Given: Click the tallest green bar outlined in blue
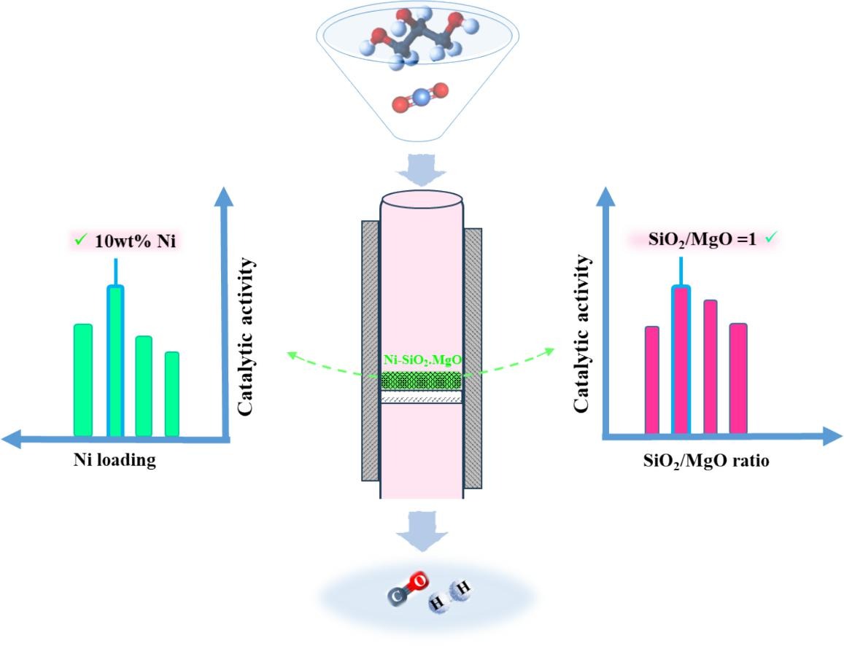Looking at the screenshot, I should tap(115, 361).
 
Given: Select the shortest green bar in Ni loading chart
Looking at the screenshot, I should tap(172, 394).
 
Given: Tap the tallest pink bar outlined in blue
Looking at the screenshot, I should tap(681, 360).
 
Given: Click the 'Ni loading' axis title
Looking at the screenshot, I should tap(115, 461).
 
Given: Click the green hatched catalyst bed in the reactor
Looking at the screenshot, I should tap(422, 381).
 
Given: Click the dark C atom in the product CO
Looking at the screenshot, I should tap(397, 596).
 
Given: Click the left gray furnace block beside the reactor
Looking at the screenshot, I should tap(371, 350).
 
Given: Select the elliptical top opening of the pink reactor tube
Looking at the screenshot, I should tap(422, 199).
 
